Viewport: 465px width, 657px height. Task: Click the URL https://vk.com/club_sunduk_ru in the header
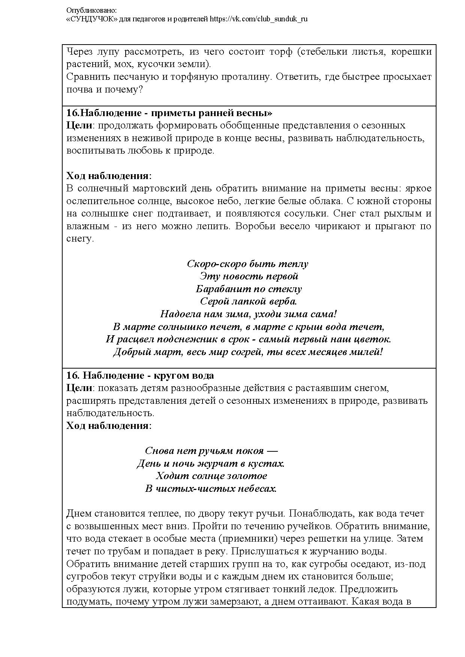[x=259, y=19]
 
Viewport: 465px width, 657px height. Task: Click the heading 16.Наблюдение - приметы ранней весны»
[x=169, y=113]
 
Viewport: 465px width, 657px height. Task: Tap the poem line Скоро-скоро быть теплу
[x=247, y=264]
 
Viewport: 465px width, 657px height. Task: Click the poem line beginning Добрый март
[x=248, y=352]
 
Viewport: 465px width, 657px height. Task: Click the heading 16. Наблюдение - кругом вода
[x=140, y=375]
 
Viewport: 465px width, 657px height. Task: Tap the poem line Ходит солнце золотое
[x=211, y=476]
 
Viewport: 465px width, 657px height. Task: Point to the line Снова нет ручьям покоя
[x=211, y=451]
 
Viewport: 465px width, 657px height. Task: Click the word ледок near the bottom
[x=322, y=589]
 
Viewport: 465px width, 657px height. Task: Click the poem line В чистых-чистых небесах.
[x=211, y=489]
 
